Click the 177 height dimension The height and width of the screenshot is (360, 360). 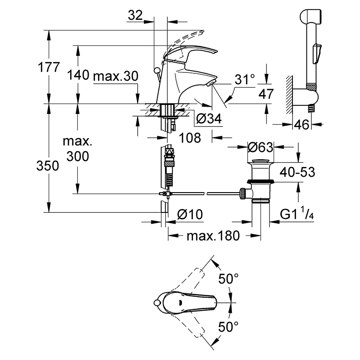49,67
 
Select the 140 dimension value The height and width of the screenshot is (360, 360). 78,75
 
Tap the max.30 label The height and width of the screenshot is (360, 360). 116,76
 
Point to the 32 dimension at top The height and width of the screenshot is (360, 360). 135,15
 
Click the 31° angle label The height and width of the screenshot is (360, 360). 245,80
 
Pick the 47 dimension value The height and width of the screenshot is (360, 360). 266,94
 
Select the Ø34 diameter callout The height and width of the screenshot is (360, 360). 209,119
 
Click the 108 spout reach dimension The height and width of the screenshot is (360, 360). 190,138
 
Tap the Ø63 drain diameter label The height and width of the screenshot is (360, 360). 261,147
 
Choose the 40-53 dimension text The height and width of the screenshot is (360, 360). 297,172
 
